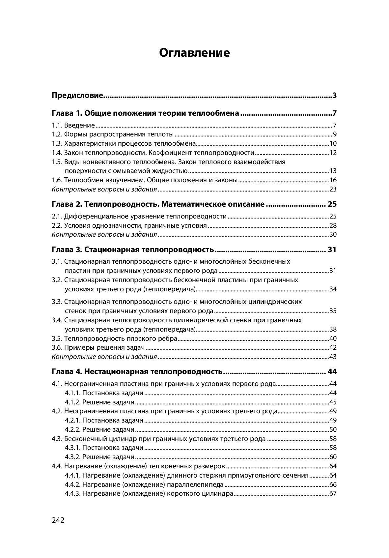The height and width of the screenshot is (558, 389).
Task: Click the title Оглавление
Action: click(x=194, y=53)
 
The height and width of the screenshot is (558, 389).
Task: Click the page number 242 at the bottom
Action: click(x=58, y=520)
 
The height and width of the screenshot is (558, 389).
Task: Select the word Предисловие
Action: click(x=78, y=96)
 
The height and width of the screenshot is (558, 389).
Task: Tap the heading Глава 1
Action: click(x=66, y=113)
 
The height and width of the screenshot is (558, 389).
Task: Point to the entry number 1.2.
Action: click(x=57, y=134)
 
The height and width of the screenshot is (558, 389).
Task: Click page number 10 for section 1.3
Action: click(x=333, y=143)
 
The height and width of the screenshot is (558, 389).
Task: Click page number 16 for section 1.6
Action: click(x=333, y=180)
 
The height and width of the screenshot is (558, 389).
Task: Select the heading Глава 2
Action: click(x=66, y=204)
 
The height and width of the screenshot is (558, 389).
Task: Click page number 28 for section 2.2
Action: click(x=333, y=225)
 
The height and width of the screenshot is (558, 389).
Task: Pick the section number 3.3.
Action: click(x=57, y=302)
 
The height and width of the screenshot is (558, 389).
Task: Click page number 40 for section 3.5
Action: click(x=333, y=338)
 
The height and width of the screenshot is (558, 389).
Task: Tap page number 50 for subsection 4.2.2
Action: click(x=333, y=429)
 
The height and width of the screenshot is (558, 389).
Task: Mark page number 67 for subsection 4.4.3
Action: click(x=333, y=494)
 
